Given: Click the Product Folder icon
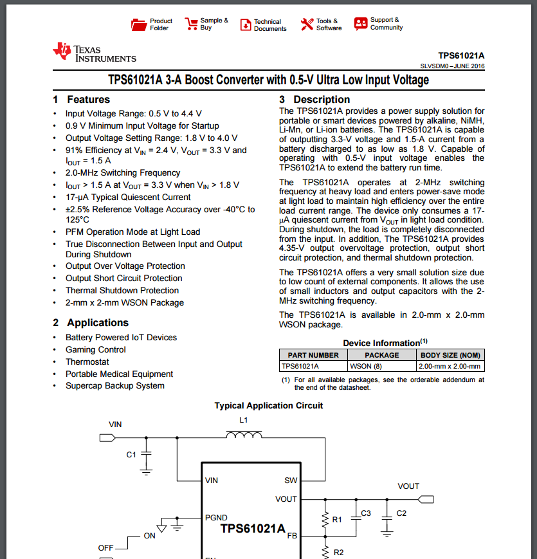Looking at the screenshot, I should coord(138,24).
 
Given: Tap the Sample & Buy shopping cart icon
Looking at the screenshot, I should coord(191,24).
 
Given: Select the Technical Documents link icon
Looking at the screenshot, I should coord(246,25).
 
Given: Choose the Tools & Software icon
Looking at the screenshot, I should coord(307,24).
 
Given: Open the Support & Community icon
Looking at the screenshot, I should coord(361,24).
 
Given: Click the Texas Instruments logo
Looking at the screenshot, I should coord(95,53).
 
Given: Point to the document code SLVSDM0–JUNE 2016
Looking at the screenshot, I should coord(452,66).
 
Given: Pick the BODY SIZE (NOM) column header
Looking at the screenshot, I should coord(450,355).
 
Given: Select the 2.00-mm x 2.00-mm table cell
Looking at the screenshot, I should coord(450,366).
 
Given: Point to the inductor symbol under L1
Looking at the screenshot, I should coord(244,437).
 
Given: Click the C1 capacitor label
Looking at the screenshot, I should coord(131,455).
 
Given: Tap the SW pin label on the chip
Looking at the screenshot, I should coord(291,481).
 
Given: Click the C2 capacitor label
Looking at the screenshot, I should coord(401,513).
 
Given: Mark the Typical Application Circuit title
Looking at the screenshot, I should coord(269,406).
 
